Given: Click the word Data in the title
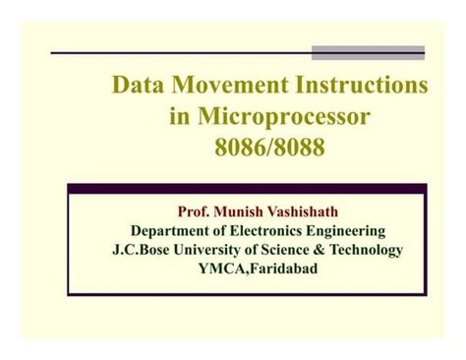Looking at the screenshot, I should tap(139, 86).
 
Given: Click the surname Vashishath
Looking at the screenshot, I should tap(314, 211).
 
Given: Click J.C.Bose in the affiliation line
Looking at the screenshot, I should tap(144, 251).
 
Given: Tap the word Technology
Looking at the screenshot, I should tap(375, 251).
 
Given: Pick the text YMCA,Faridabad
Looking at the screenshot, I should tap(259, 270).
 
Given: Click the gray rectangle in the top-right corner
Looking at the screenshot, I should tap(369, 52).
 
